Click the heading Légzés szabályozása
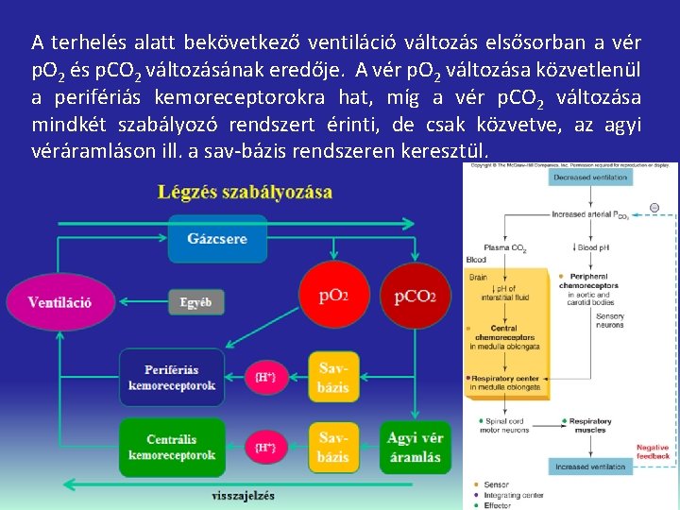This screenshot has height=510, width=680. tap(245, 192)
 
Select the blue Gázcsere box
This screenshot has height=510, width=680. tap(217, 238)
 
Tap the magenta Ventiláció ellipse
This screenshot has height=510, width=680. tap(59, 302)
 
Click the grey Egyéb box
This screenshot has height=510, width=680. tap(195, 302)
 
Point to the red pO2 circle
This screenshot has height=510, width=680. tap(333, 296)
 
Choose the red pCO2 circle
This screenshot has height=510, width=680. tap(415, 296)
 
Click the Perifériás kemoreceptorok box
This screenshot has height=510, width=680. tap(172, 378)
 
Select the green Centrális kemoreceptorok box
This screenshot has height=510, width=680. tap(172, 448)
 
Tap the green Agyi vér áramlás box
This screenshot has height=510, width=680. tap(415, 448)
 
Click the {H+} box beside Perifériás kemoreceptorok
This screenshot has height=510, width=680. tap(265, 378)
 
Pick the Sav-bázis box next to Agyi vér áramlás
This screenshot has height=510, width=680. tap(333, 448)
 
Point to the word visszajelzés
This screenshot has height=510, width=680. tap(244, 494)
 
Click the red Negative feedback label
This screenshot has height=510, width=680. tap(653, 451)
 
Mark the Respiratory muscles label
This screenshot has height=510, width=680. tap(589, 425)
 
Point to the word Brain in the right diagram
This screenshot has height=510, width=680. tap(478, 277)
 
